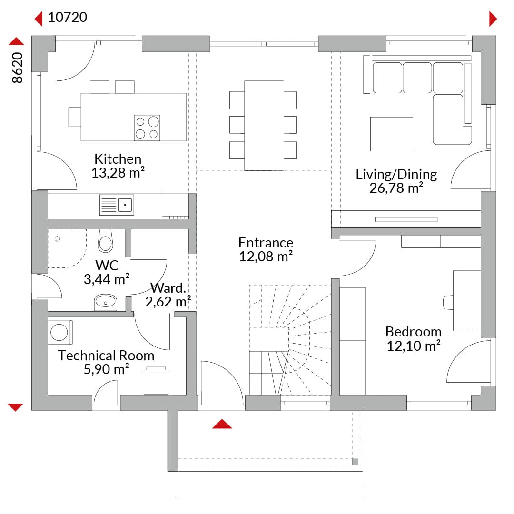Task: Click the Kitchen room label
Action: (118, 159)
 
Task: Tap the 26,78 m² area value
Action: (396, 188)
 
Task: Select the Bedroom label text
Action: (414, 332)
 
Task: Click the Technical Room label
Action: (106, 356)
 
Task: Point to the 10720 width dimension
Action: (68, 18)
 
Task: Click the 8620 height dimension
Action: (17, 68)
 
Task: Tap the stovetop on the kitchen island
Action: (147, 128)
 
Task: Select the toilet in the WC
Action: (105, 241)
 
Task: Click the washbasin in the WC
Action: (106, 302)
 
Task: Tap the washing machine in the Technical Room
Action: (59, 332)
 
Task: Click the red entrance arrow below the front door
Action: (222, 424)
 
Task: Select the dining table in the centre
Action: (264, 126)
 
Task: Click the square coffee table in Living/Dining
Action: (391, 134)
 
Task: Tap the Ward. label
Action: (168, 288)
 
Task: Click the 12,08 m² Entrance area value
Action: (266, 257)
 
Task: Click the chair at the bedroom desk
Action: (448, 302)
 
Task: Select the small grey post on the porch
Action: (355, 462)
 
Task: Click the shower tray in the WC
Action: (67, 248)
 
